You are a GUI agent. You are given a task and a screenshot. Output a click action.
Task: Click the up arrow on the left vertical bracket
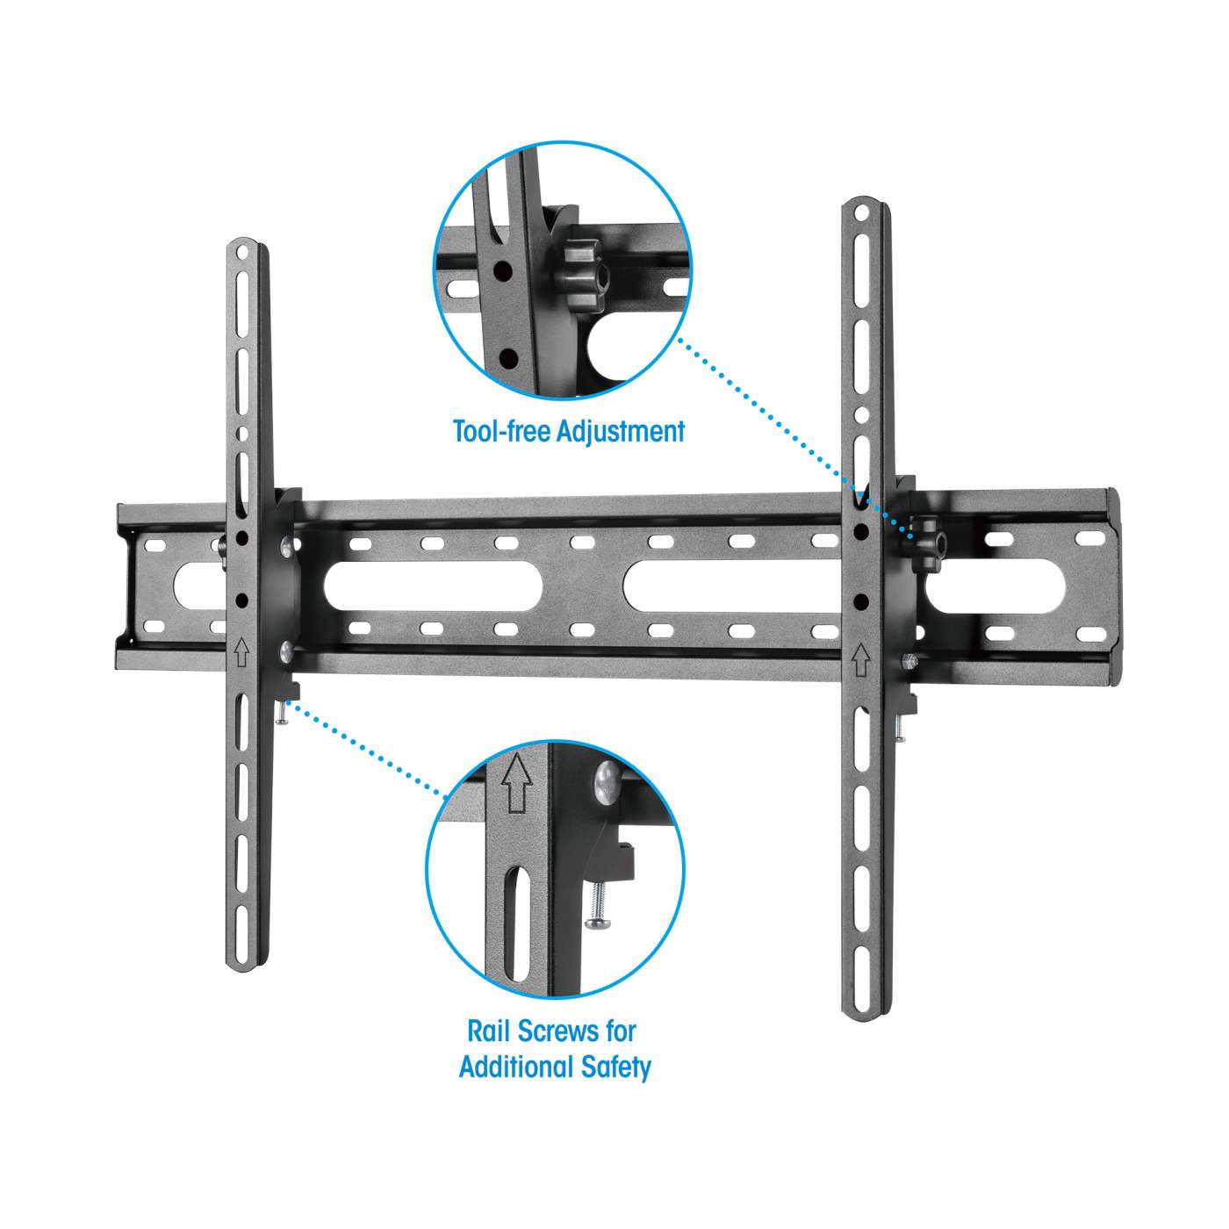click(x=242, y=652)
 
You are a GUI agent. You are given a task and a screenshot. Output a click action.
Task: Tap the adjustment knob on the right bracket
click(x=925, y=539)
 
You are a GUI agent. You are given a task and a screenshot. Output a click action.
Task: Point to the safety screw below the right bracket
click(x=900, y=728)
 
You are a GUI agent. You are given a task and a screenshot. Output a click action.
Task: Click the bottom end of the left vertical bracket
click(x=248, y=961)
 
